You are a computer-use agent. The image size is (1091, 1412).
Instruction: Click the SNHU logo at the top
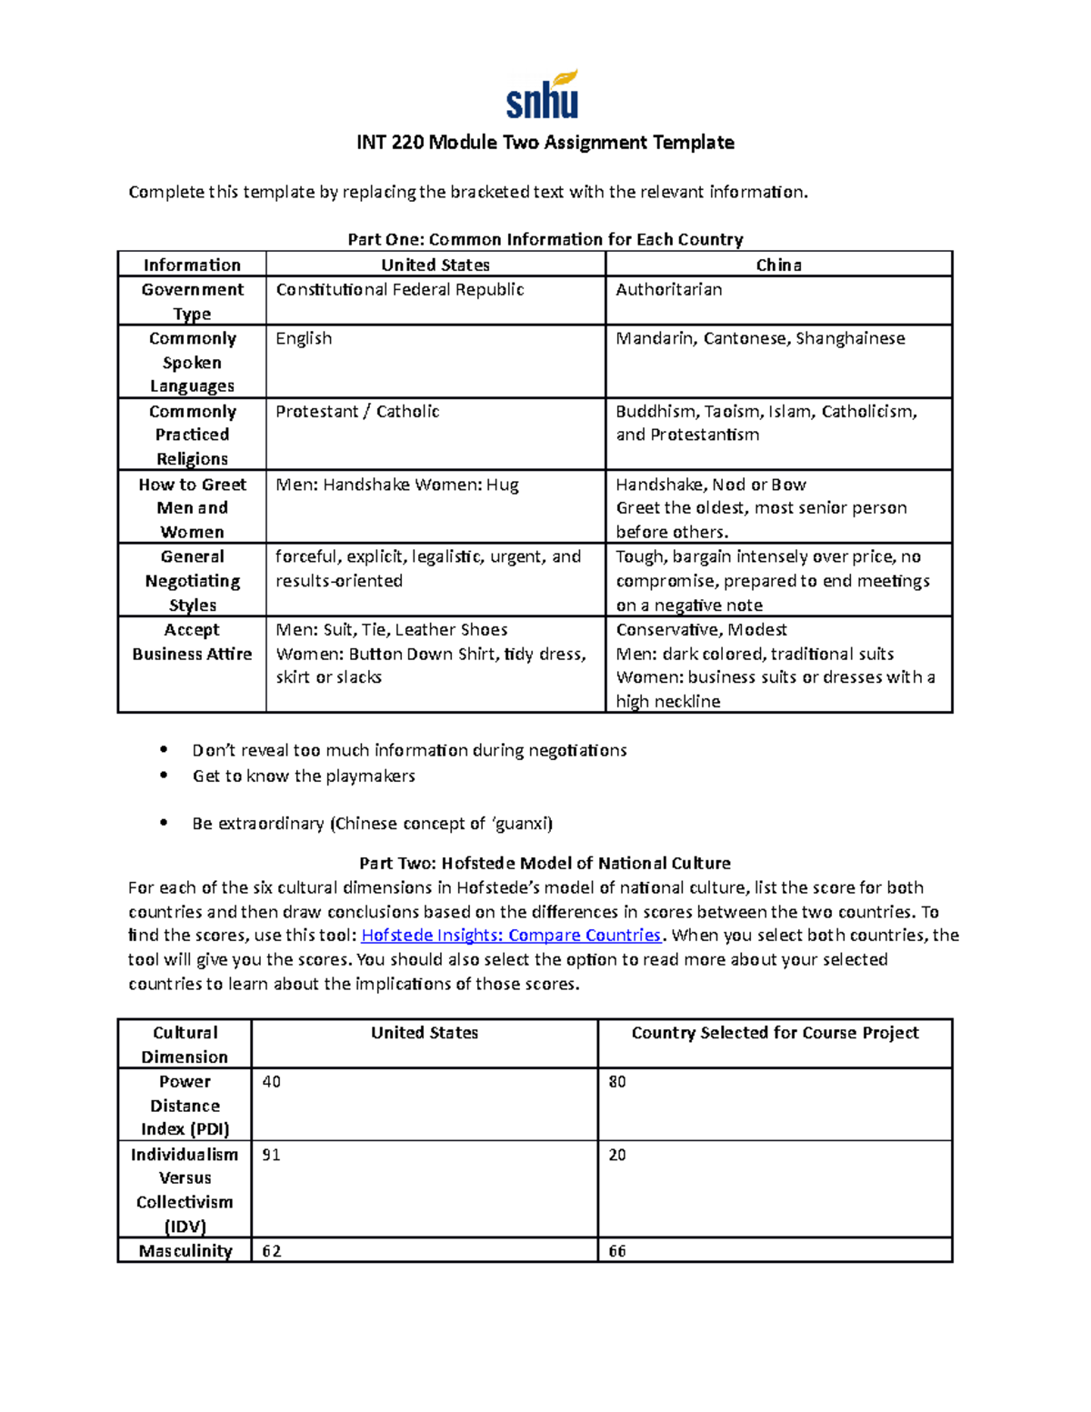point(543,95)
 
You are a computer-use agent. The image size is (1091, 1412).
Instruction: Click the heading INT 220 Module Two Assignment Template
point(545,143)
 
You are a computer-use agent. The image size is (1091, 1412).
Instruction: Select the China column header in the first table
point(778,265)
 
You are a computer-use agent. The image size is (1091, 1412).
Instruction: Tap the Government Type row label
point(192,301)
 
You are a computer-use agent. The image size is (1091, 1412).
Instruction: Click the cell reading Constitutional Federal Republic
point(400,290)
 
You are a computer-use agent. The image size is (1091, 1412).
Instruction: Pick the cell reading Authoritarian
point(669,290)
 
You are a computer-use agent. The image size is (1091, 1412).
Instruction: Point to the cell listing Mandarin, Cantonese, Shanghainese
point(760,338)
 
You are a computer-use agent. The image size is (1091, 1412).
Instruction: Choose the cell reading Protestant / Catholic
point(357,412)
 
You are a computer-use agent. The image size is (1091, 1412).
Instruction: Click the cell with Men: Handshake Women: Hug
point(397,485)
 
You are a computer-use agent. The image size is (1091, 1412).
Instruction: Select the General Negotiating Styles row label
point(192,580)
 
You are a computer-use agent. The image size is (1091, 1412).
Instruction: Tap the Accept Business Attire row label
point(192,642)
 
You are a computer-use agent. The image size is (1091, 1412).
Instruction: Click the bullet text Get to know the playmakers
point(304,776)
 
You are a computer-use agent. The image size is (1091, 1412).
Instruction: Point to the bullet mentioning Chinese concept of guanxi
point(372,824)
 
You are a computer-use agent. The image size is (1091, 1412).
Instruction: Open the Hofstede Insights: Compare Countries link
point(511,936)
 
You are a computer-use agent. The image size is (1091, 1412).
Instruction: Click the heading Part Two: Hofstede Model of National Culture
point(545,863)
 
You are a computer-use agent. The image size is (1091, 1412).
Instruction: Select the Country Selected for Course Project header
point(775,1033)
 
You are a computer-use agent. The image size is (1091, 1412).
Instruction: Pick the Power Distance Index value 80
point(617,1082)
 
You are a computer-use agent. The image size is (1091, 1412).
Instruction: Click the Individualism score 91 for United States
point(271,1155)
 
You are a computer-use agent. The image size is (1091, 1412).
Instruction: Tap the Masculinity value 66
point(617,1251)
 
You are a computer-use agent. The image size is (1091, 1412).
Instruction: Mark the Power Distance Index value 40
point(271,1082)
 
